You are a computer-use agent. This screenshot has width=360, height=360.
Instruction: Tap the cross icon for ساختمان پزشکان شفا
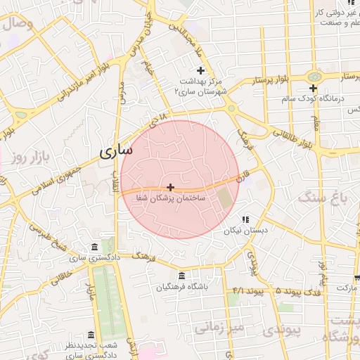170,187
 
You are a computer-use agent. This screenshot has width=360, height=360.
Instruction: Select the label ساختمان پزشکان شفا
171,199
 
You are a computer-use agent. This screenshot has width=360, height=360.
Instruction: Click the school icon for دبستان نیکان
245,219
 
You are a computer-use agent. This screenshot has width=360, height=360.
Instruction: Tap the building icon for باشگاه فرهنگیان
182,275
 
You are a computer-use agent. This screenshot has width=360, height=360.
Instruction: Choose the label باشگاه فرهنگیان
182,287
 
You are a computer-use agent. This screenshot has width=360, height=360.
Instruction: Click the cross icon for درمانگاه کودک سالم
314,88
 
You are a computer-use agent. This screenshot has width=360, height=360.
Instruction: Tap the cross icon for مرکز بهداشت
200,70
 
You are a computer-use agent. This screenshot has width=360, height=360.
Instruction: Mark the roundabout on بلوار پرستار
314,75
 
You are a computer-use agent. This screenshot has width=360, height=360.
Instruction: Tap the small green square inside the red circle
224,198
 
